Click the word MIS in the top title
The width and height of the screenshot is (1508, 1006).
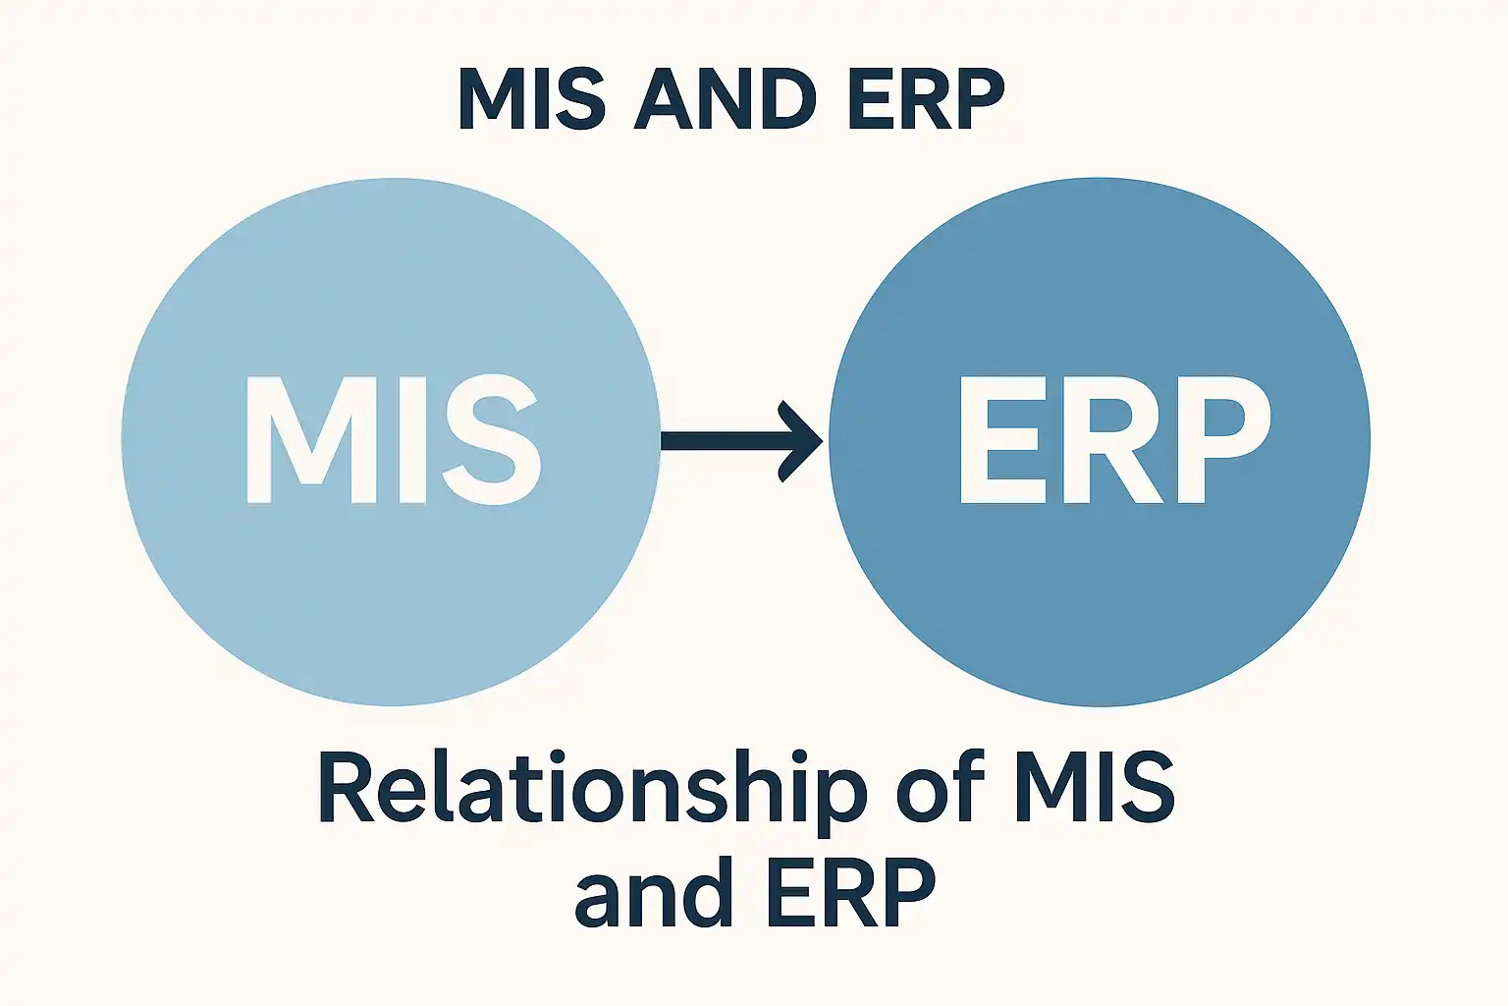click(x=531, y=100)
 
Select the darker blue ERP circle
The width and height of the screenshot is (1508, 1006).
click(x=1100, y=609)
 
